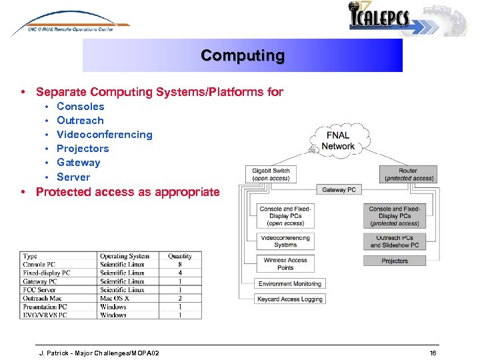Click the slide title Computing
243,55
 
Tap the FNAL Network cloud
337,141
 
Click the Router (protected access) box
407,175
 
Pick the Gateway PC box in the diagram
339,190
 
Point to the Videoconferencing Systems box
285,241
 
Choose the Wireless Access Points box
285,264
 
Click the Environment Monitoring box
290,284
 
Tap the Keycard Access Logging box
290,299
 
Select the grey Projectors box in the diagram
395,261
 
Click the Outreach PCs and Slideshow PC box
395,241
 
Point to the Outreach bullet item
80,121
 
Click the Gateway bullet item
78,163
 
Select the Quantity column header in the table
180,256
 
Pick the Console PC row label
39,265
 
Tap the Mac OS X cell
115,298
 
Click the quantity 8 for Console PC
180,265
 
